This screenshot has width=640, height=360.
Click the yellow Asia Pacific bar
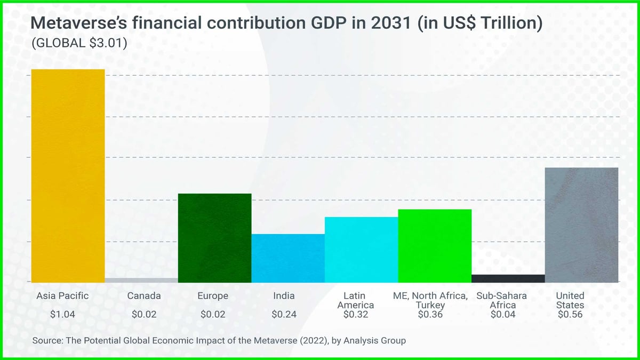[68, 175]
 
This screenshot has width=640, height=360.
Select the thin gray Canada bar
[141, 279]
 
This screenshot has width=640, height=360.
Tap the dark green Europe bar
[214, 238]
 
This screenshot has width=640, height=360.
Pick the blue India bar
[288, 258]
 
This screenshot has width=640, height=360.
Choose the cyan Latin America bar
[361, 250]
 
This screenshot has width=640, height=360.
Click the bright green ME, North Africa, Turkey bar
[435, 245]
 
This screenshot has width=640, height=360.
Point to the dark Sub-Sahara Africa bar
[508, 278]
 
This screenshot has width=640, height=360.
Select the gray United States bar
[581, 225]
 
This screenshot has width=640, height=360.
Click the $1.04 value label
[62, 315]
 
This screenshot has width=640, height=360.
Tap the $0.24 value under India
[284, 315]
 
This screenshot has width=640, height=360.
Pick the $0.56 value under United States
[570, 315]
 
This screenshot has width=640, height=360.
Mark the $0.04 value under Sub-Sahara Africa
[503, 315]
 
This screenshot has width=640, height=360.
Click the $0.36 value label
[431, 315]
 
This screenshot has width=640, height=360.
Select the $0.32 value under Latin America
[358, 315]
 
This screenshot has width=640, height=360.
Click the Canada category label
[144, 295]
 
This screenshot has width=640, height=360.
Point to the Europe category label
[213, 295]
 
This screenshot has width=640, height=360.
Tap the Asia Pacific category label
[62, 295]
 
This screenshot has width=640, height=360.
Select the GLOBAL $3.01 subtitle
[79, 44]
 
